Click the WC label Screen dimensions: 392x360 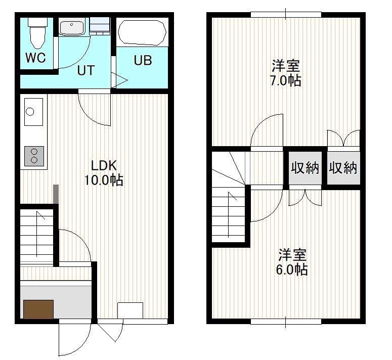pos(35,58)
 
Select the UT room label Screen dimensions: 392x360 pos(86,70)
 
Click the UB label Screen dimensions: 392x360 pos(143,60)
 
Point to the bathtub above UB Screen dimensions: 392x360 pos(142,32)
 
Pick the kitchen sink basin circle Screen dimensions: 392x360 pos(30,112)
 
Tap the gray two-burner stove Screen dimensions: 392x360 pos(34,156)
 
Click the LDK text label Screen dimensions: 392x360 pos(104,165)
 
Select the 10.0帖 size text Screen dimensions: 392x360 pos(104,180)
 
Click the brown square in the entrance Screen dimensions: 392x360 pos(38,309)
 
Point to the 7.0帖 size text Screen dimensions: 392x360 pos(286,80)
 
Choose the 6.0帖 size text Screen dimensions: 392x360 pos(292,269)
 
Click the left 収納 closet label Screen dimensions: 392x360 pos(305,167)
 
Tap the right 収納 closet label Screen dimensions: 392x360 pos(343,167)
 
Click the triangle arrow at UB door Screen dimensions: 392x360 pos(119,80)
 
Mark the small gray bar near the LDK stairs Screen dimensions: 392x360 pos(56,194)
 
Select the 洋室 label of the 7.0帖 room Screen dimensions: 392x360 pos(286,66)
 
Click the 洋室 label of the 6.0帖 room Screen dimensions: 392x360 pos(292,254)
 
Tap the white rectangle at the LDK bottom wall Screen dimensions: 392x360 pos(130,310)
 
